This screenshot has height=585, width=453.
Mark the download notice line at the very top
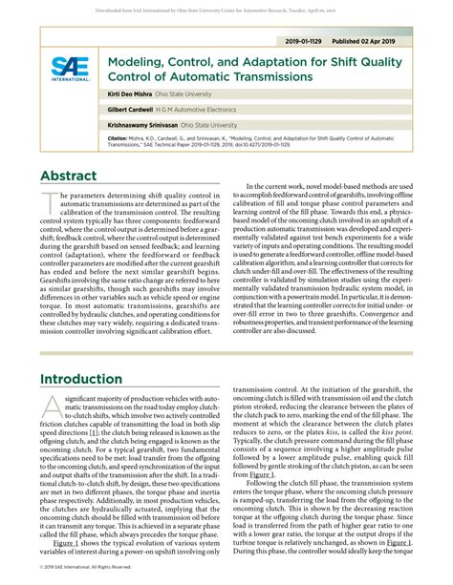tap(226, 8)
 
